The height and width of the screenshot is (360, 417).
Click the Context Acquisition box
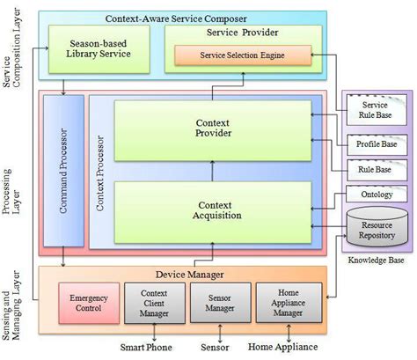212,210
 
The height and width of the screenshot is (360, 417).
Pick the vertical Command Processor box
62,171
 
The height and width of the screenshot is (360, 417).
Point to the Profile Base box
375,143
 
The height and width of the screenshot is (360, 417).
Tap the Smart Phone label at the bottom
147,347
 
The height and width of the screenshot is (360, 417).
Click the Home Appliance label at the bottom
283,347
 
